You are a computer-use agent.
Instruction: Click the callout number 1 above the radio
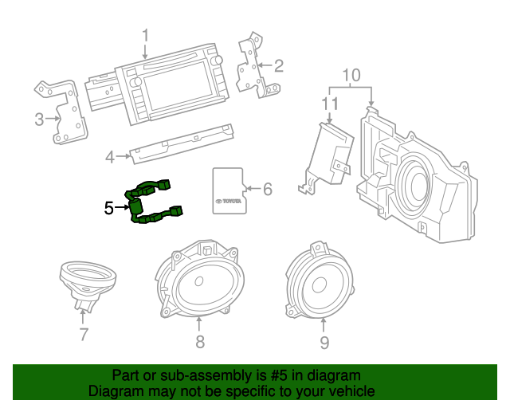coord(146,36)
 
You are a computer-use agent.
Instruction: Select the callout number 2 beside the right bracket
coord(278,65)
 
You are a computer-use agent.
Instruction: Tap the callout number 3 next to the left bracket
coord(39,120)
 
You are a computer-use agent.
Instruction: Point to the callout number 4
coord(110,157)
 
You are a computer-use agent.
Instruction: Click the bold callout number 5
coord(110,208)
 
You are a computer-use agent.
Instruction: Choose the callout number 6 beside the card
coord(267,190)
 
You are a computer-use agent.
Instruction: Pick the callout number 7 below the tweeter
coord(84,335)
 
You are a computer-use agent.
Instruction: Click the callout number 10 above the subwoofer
coord(351,76)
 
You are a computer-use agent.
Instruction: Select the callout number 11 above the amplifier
coord(330,104)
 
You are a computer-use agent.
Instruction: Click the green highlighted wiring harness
coord(151,203)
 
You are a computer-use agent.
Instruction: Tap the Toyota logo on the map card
coord(229,201)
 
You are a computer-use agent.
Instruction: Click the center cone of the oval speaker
coord(199,282)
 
